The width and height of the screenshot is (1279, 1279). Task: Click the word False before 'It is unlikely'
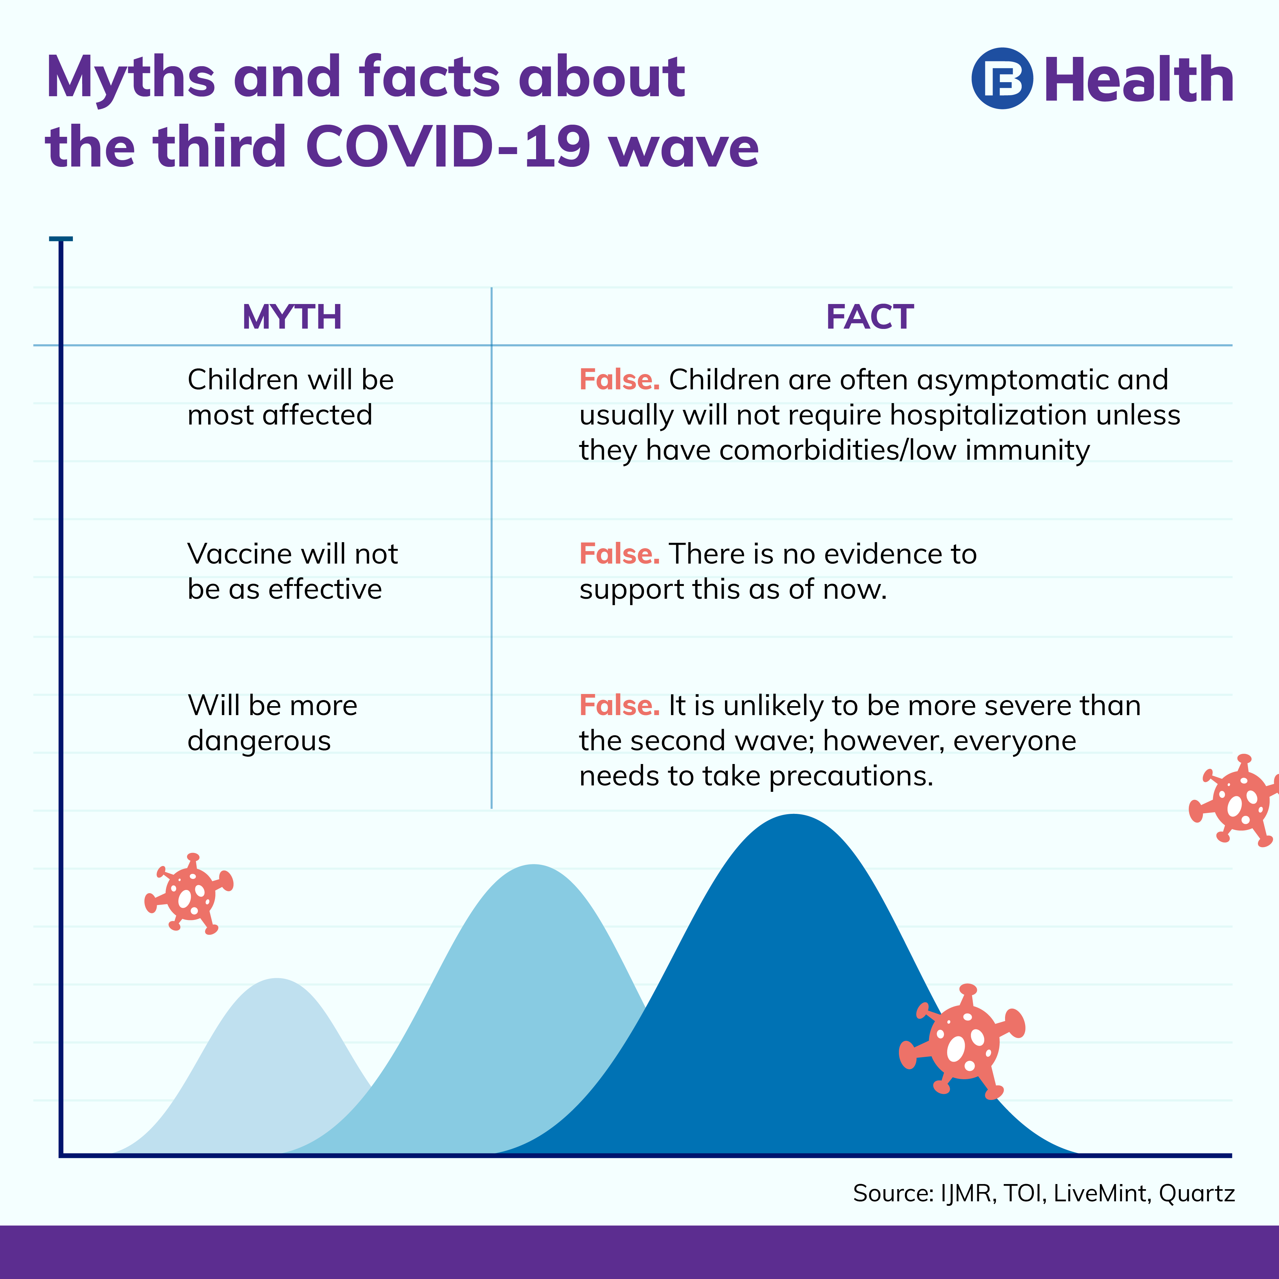point(619,706)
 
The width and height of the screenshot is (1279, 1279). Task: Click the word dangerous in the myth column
point(259,741)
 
